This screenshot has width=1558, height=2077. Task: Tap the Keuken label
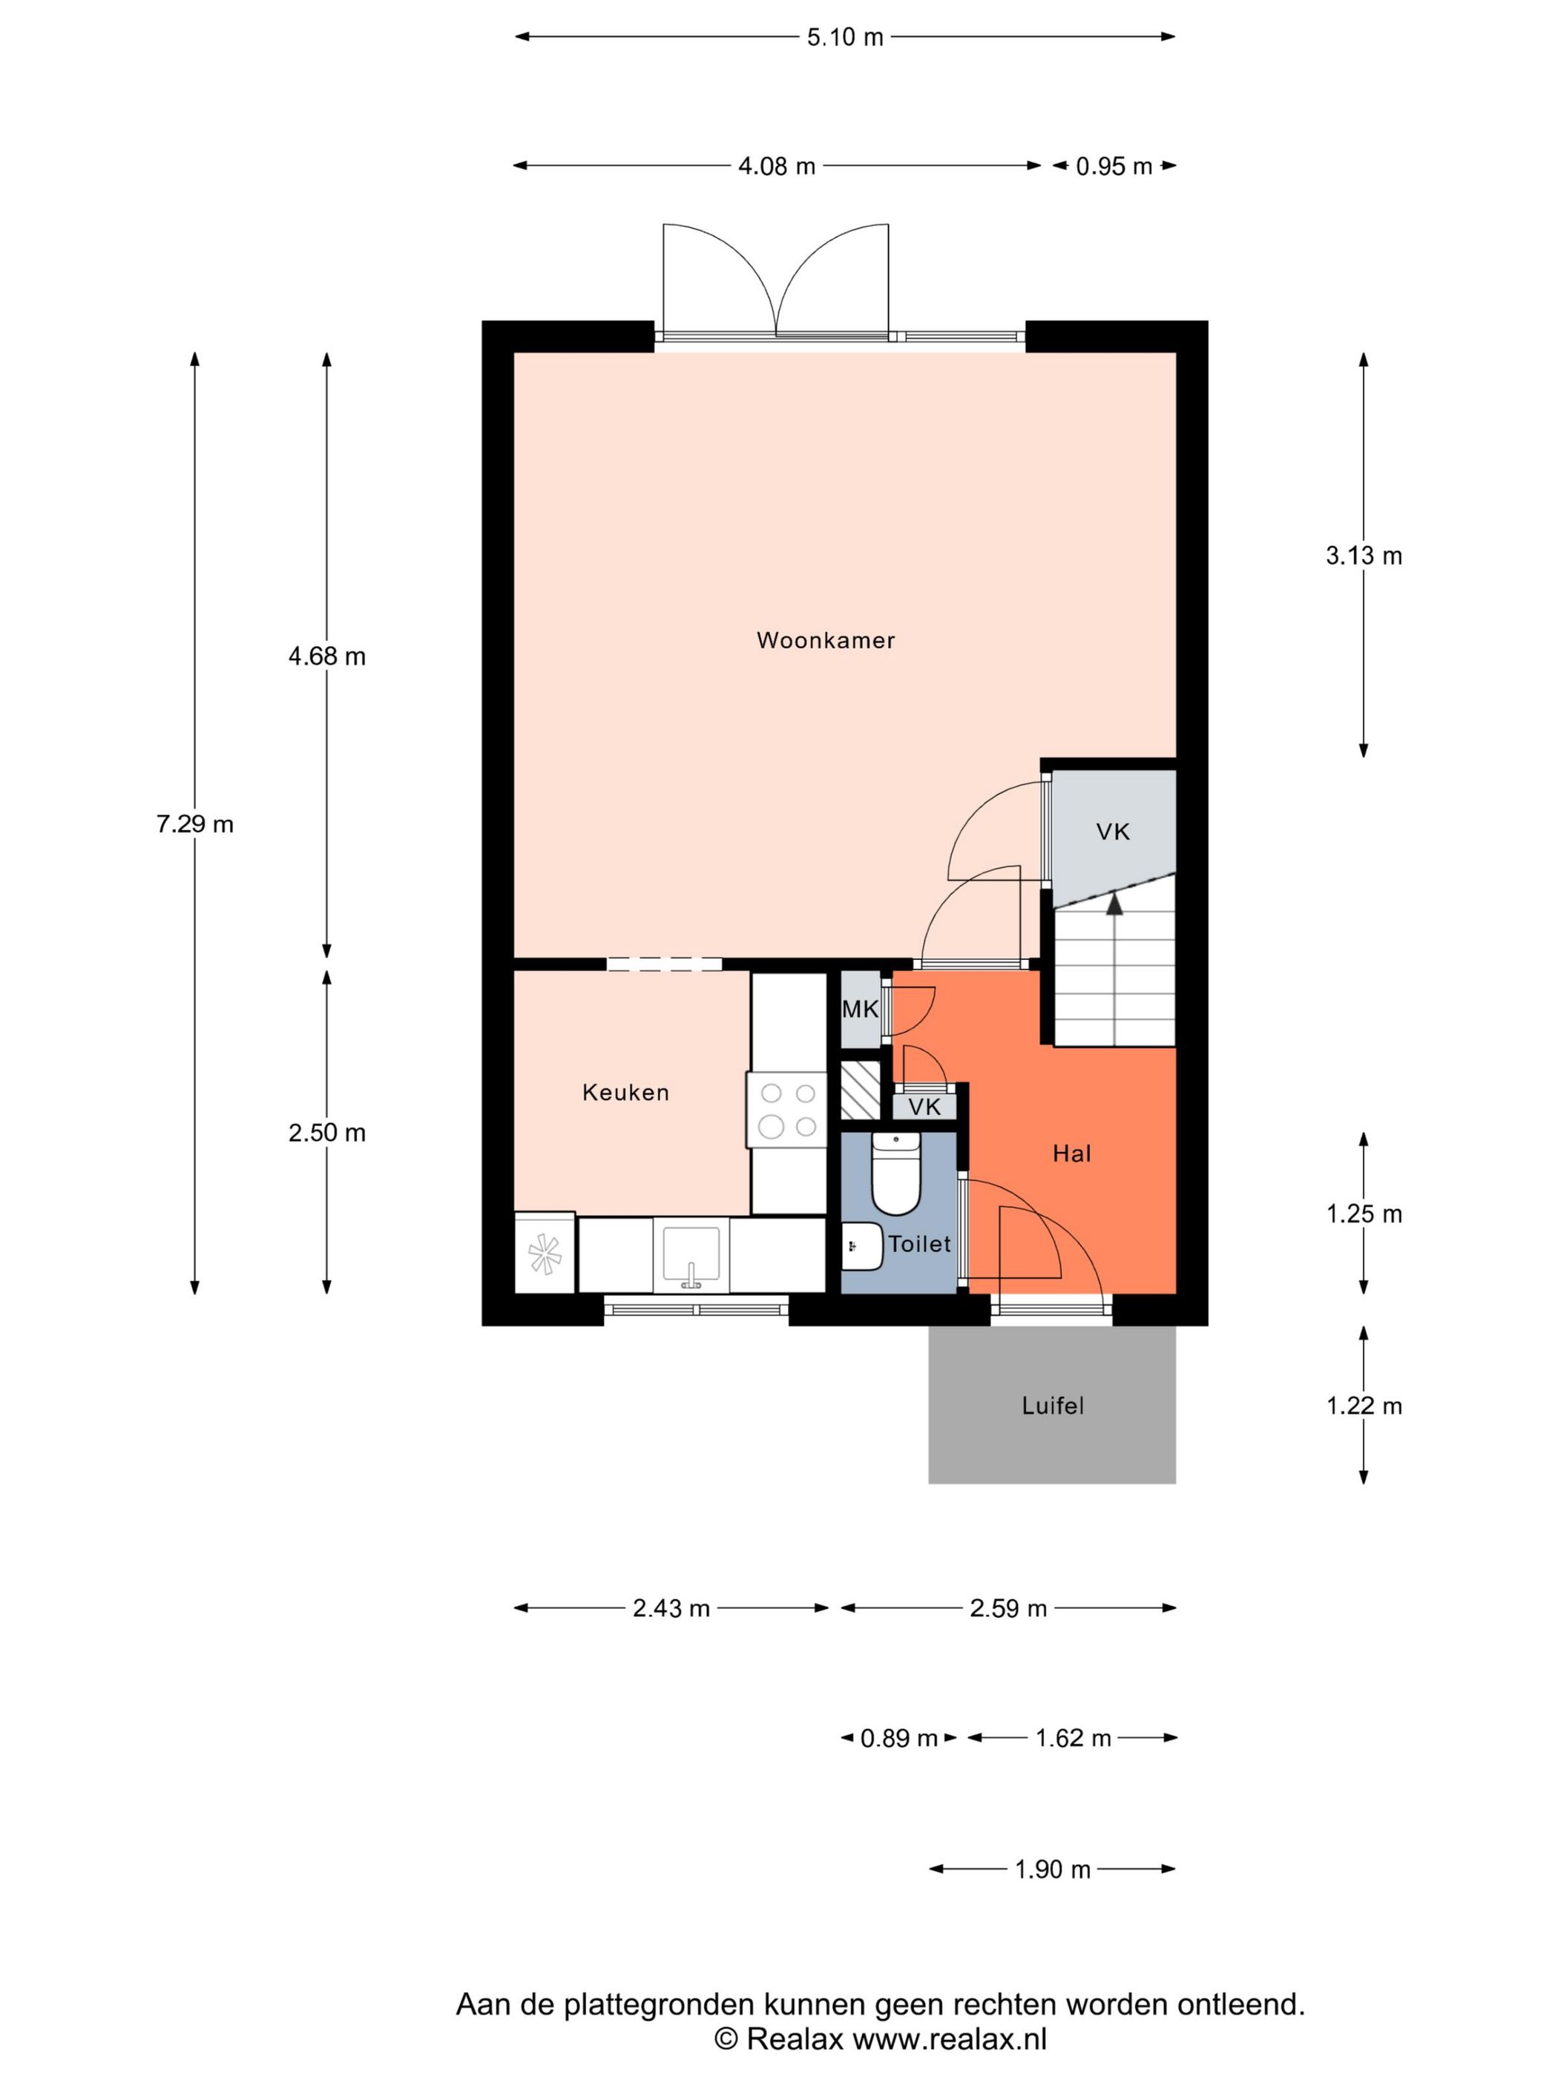tap(625, 1092)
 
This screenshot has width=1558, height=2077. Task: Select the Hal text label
tap(1071, 1153)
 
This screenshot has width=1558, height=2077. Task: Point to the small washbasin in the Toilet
tap(860, 1246)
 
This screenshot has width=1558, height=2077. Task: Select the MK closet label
tap(859, 1010)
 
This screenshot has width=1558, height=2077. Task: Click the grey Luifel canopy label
tap(1052, 1406)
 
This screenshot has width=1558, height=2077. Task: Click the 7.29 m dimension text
tap(194, 824)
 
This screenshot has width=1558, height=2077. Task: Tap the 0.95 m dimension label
tap(1113, 167)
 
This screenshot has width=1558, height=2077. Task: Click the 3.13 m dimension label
tap(1363, 556)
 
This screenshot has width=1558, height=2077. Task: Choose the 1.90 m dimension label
tap(1052, 1869)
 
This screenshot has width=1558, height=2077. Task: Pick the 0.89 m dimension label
tap(898, 1739)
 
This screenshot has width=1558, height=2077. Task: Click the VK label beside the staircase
tap(1112, 831)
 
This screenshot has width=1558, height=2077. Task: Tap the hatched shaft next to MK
tap(859, 1089)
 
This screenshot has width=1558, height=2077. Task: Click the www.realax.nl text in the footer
tap(948, 2038)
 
